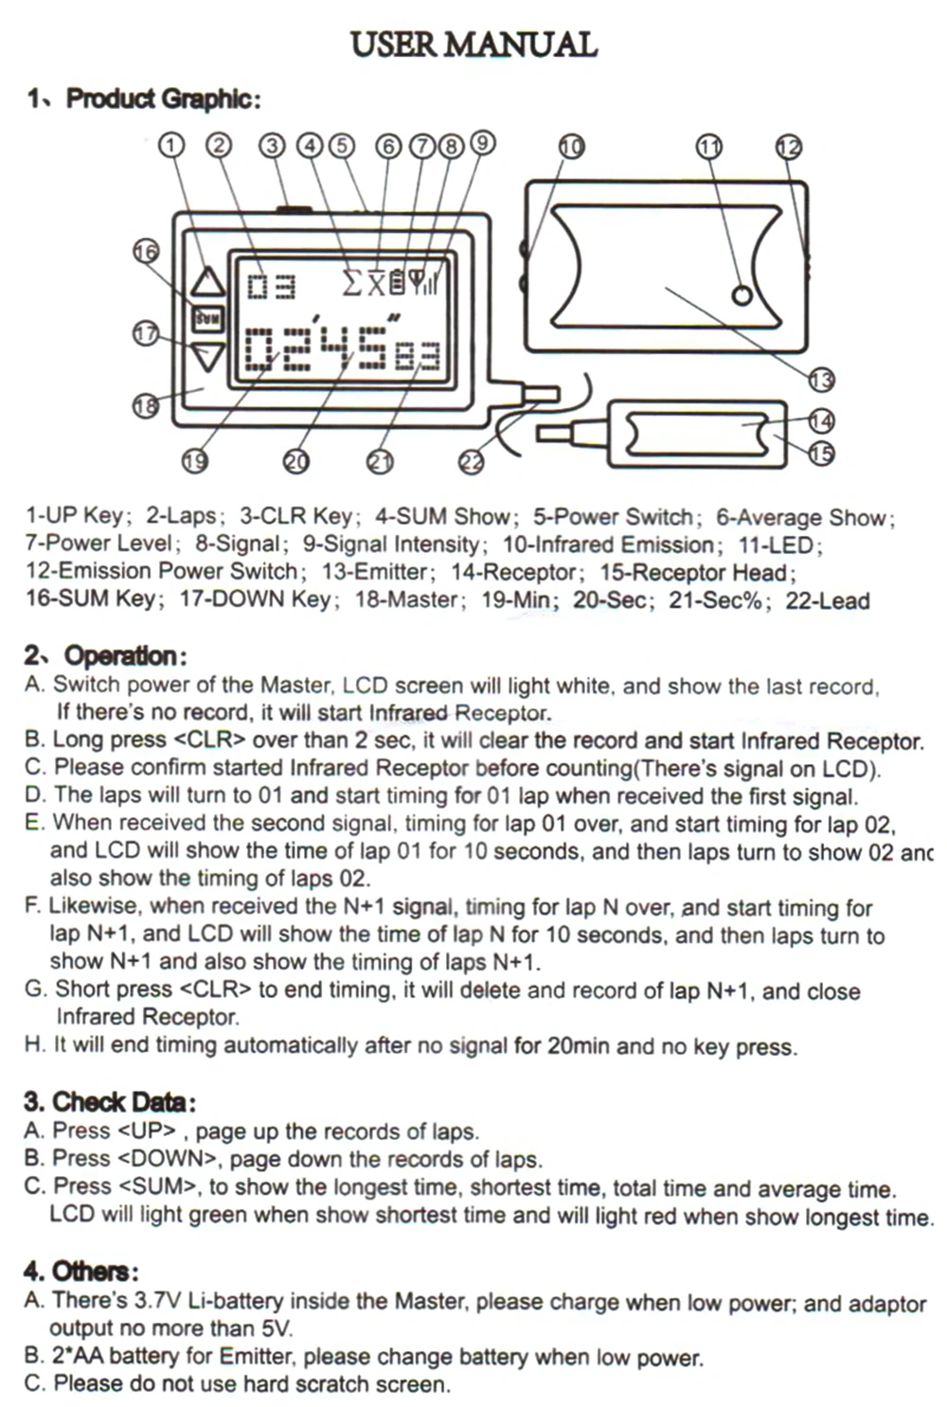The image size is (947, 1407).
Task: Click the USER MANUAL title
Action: click(x=473, y=45)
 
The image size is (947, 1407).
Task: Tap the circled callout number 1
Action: click(x=170, y=145)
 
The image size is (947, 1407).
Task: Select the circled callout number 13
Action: click(x=820, y=380)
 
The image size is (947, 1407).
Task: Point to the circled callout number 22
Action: click(x=471, y=461)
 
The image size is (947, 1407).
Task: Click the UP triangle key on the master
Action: click(x=208, y=281)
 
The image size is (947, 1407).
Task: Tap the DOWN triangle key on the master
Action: click(x=208, y=356)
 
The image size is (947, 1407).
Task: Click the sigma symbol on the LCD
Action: click(x=352, y=282)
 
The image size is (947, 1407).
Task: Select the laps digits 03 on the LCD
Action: click(x=272, y=285)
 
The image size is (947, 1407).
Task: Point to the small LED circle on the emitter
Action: click(x=742, y=295)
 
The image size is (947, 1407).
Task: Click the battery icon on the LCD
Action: click(x=397, y=281)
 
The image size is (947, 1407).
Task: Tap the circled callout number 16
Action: click(x=146, y=251)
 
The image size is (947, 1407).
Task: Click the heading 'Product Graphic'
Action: click(x=162, y=98)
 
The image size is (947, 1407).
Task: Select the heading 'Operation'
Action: click(x=119, y=655)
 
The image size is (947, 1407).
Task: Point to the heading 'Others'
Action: click(x=94, y=1271)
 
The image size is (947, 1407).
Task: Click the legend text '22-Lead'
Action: click(x=828, y=600)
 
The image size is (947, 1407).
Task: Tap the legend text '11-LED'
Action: click(x=779, y=545)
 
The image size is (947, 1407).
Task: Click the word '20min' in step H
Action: click(x=579, y=1046)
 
